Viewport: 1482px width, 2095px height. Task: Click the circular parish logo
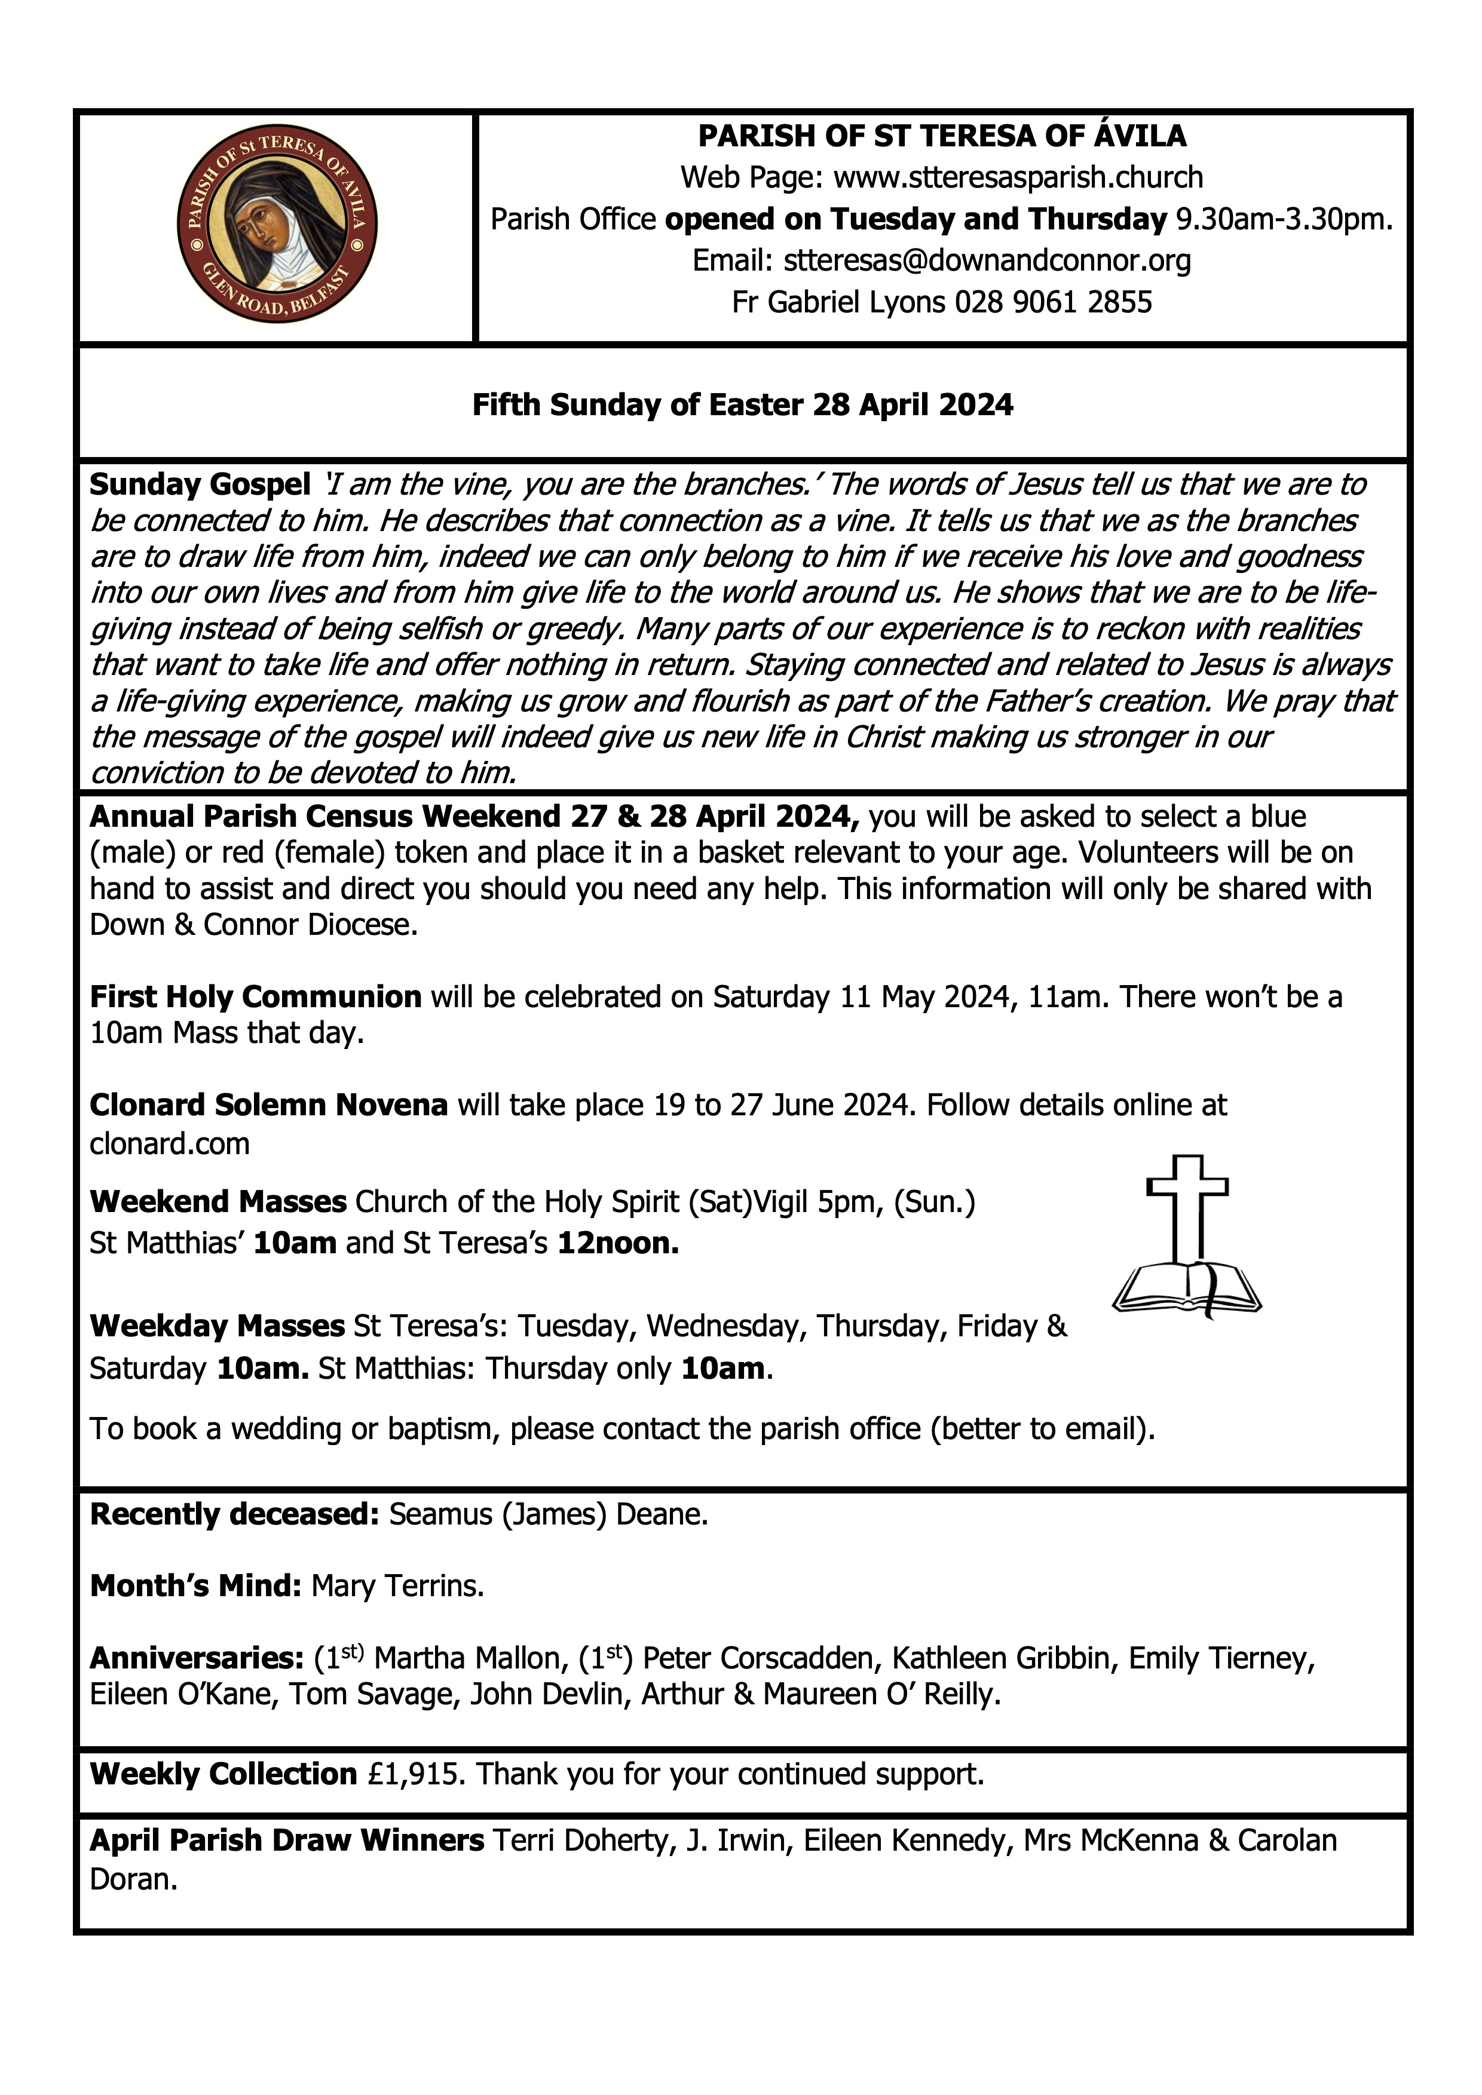277,225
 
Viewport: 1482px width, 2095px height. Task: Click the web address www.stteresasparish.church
1018,177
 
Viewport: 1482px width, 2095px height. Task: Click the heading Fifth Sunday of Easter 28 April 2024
742,404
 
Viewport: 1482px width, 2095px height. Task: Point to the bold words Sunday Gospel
200,484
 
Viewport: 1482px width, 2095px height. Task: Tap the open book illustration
1186,1289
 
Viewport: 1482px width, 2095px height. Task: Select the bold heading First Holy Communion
256,997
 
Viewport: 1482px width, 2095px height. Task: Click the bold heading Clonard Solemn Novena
268,1105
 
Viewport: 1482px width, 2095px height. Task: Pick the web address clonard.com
170,1143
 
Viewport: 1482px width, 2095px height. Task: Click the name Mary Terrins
397,1587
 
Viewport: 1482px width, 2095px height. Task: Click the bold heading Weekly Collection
223,1774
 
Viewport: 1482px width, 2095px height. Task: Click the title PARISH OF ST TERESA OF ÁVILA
942,136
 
